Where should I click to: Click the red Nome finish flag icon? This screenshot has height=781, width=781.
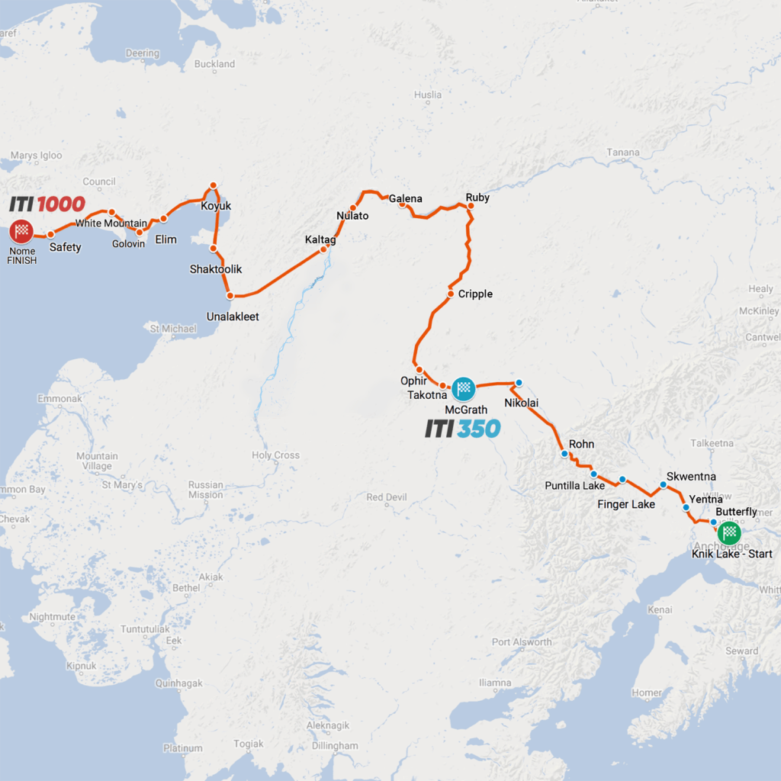(x=22, y=231)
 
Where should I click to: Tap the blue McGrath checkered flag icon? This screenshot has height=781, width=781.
(x=463, y=389)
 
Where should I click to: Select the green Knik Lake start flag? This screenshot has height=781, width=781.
(x=730, y=532)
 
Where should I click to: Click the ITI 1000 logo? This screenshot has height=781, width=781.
(x=47, y=204)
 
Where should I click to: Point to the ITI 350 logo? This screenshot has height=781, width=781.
(x=463, y=429)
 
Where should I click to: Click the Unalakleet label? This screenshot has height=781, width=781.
(x=233, y=316)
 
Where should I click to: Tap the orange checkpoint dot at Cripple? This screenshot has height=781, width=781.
(x=451, y=294)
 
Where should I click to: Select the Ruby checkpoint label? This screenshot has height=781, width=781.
(x=477, y=198)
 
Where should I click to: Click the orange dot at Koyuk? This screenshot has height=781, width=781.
(x=214, y=185)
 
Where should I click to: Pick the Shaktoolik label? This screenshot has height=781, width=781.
(x=214, y=269)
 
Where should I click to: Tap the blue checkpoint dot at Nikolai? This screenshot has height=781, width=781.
(x=519, y=383)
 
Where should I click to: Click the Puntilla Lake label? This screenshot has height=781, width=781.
(x=574, y=486)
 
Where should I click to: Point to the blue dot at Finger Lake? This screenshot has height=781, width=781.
(x=622, y=480)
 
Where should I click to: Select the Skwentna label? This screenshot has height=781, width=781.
(x=691, y=476)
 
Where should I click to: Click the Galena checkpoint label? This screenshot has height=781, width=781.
(x=405, y=199)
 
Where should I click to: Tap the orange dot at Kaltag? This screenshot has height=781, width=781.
(x=323, y=249)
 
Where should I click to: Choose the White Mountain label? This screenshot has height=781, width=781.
(x=111, y=223)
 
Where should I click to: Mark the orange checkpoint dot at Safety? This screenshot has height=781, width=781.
(x=50, y=235)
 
